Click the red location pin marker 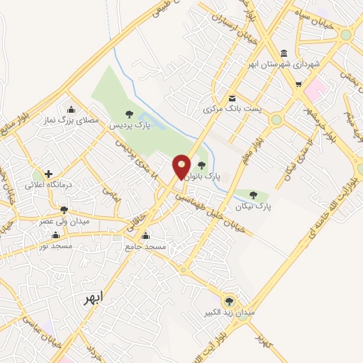(x=181, y=167)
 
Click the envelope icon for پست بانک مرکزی (x=232, y=98)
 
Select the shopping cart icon (x=298, y=84)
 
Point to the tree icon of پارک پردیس (x=128, y=113)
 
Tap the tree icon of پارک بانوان (x=202, y=165)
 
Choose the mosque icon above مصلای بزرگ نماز (x=71, y=110)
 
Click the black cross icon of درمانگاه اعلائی (x=48, y=174)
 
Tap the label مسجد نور (x=45, y=245)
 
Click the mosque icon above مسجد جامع (x=146, y=236)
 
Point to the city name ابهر (x=92, y=296)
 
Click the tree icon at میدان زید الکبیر (x=228, y=300)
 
